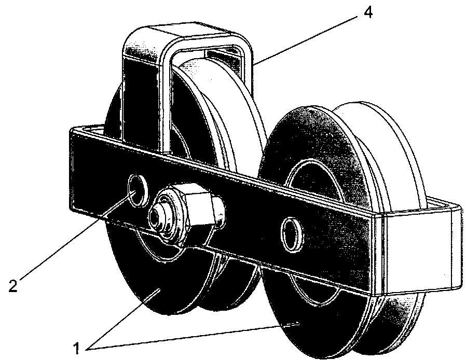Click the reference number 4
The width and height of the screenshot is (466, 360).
[x=367, y=12]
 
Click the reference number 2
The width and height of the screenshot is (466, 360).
[x=13, y=285]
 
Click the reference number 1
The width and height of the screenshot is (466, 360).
[x=76, y=348]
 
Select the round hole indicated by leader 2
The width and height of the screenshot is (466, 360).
[x=138, y=190]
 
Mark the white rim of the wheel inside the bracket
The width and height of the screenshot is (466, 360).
[x=238, y=98]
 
